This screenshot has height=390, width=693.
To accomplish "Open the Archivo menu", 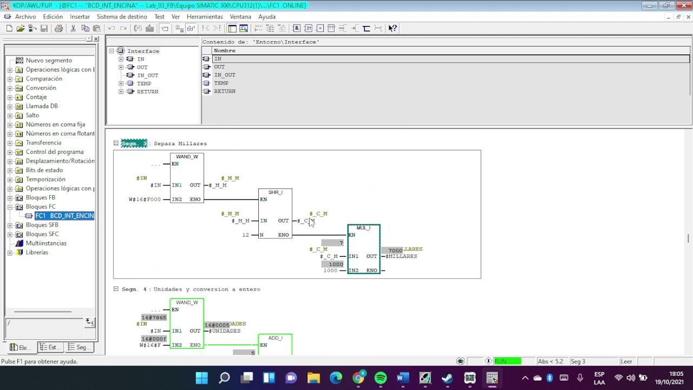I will pyautogui.click(x=25, y=17).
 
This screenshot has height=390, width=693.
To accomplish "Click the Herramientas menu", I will pyautogui.click(x=205, y=17).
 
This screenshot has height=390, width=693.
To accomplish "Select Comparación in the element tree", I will pyautogui.click(x=44, y=79).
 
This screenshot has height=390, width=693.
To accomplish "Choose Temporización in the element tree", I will pyautogui.click(x=45, y=179).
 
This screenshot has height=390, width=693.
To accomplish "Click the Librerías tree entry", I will pyautogui.click(x=37, y=252).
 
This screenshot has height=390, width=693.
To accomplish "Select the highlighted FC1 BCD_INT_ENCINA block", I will pyautogui.click(x=64, y=216).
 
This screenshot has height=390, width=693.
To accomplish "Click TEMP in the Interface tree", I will pyautogui.click(x=144, y=83).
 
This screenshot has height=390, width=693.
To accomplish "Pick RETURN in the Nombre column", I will pyautogui.click(x=225, y=91).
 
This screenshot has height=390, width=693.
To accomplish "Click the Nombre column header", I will pyautogui.click(x=225, y=50).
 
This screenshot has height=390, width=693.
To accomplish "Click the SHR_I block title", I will pyautogui.click(x=275, y=192).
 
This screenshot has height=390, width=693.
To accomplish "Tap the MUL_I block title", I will pyautogui.click(x=363, y=228).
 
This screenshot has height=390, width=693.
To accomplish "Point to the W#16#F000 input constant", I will pyautogui.click(x=145, y=199).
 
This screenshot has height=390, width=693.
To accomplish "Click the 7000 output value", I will pyautogui.click(x=395, y=250).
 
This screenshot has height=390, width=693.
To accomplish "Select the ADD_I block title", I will pyautogui.click(x=275, y=338).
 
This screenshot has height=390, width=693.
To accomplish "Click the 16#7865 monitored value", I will pyautogui.click(x=154, y=317).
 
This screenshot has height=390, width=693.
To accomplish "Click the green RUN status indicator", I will pyautogui.click(x=507, y=361).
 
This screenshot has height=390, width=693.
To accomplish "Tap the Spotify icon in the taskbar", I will pyautogui.click(x=381, y=378).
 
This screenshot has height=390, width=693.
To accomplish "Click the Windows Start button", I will pyautogui.click(x=201, y=378).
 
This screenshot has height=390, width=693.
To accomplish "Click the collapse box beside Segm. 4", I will pyautogui.click(x=116, y=289).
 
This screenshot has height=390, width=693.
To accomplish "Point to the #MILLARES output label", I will pyautogui.click(x=402, y=256).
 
